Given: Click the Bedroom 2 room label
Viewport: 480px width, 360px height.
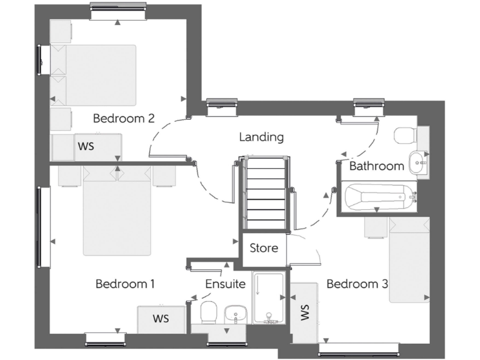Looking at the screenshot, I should [x=124, y=118].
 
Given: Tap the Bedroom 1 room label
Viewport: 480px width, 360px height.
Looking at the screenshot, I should [x=125, y=284].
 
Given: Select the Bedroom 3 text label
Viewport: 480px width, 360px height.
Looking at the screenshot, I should [x=357, y=284].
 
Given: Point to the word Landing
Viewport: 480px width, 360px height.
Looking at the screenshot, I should [x=261, y=137].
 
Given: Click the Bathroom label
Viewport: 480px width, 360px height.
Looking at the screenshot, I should [x=376, y=166].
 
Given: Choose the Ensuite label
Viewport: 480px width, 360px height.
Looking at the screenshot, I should [x=225, y=284].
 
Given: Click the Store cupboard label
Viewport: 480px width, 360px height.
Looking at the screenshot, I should [x=264, y=248].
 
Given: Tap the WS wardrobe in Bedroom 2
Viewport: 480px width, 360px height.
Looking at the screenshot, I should [x=87, y=147].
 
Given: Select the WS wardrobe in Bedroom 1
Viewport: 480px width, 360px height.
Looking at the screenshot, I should [x=161, y=319].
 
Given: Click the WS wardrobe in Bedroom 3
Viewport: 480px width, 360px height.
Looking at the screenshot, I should [x=304, y=312].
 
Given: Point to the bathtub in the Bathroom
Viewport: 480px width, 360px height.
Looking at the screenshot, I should [x=379, y=197].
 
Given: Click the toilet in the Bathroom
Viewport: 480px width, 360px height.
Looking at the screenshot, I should [x=406, y=135].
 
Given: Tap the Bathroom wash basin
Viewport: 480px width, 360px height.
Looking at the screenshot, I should [x=417, y=162].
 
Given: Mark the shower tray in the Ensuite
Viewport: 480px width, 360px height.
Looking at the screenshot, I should [x=269, y=298].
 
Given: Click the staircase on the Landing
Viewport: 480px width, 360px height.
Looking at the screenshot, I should [x=265, y=194].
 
